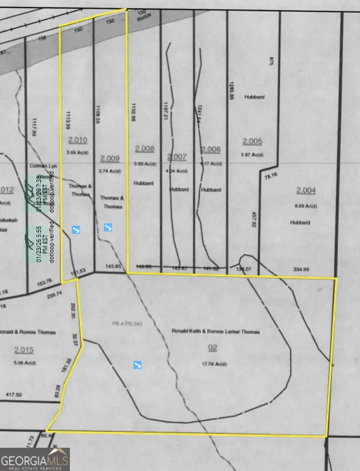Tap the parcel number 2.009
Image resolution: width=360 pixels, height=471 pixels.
coord(109,158)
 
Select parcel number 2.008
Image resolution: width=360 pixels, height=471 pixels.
coord(144,149)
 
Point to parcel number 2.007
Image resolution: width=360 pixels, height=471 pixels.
coord(177,156)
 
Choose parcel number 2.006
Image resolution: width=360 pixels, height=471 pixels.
coord(210,149)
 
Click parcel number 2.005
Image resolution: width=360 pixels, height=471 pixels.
coord(252,141)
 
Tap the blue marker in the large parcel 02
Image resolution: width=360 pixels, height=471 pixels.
coord(137,365)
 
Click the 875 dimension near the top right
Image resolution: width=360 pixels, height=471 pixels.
coord(272,60)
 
